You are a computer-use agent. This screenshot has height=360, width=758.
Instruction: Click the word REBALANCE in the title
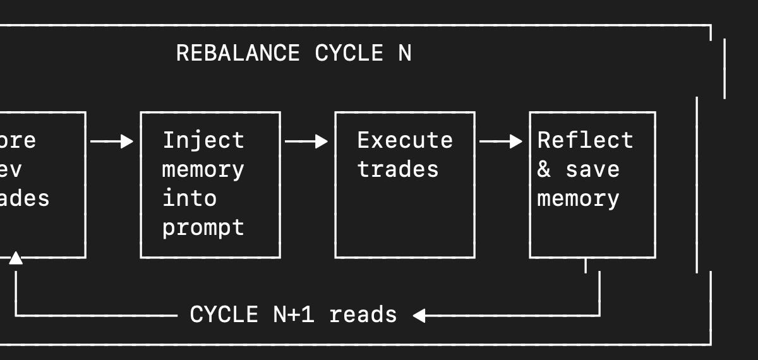pos(238,53)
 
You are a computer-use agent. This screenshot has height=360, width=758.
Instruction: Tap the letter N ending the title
pos(405,53)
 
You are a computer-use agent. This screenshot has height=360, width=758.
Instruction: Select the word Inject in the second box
pos(203,140)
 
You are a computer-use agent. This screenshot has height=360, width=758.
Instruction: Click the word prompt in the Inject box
pos(203,227)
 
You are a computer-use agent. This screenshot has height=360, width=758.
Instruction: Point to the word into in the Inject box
pos(189,198)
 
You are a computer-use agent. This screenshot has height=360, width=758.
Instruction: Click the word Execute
pos(405,140)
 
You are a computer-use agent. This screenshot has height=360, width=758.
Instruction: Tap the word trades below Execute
pos(398,169)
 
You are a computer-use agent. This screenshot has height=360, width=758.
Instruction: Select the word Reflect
pos(586,140)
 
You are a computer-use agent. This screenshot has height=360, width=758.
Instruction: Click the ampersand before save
pos(544,169)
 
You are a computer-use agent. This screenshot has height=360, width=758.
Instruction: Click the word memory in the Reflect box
pos(579,198)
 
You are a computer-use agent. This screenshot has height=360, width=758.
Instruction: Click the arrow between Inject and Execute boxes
pos(306,141)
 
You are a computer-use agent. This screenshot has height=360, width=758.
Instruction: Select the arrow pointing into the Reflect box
pos(501,141)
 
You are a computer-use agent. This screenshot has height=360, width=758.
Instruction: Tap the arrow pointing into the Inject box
pos(112,141)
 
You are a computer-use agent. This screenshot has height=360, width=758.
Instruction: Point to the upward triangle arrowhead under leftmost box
pos(16,258)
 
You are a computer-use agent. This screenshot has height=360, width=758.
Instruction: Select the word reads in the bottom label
pos(363,315)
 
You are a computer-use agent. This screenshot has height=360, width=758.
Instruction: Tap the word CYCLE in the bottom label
pos(224,315)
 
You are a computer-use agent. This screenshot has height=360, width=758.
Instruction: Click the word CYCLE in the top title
pos(349,53)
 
